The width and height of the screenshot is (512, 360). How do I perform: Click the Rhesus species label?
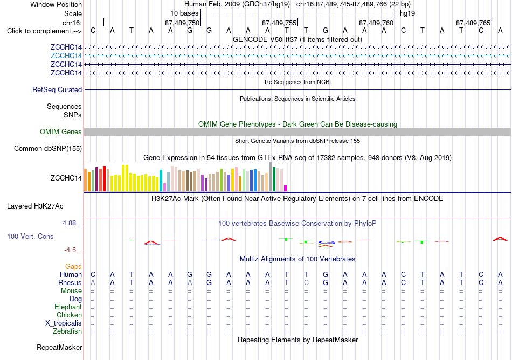[x=70, y=282]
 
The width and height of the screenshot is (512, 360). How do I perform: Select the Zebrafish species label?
[x=67, y=331]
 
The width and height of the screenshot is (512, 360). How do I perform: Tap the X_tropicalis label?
[x=64, y=323]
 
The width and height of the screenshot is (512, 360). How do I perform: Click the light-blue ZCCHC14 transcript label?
[x=66, y=56]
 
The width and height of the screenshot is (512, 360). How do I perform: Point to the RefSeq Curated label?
[x=57, y=90]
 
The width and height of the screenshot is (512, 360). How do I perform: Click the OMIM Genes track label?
[x=61, y=132]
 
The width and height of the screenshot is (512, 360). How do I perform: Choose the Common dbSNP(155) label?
[x=48, y=149]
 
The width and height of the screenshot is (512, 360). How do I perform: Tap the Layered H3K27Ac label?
[x=35, y=206]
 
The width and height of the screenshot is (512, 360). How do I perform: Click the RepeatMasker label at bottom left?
[x=59, y=347]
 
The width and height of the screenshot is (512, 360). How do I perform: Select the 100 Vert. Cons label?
[x=30, y=236]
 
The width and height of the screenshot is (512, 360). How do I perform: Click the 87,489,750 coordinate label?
[x=182, y=23]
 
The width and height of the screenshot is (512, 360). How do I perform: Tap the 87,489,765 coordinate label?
[x=473, y=23]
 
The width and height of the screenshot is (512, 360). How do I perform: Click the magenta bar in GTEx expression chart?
[x=286, y=188]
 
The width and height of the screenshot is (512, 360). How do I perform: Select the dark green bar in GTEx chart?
[x=274, y=179]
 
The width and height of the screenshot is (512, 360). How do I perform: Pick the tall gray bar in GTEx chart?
[x=271, y=177]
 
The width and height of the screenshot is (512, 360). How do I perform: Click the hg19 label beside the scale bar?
[x=407, y=13]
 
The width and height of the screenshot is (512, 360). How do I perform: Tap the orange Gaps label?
[x=73, y=267]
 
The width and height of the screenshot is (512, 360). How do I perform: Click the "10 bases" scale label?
[x=184, y=13]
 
